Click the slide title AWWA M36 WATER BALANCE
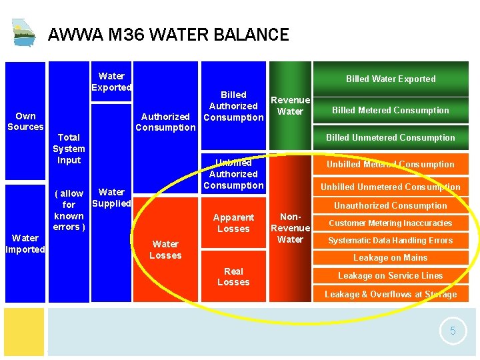pyautogui.click(x=169, y=35)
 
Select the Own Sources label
pyautogui.click(x=25, y=121)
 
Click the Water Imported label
pyautogui.click(x=25, y=243)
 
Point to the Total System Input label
pyautogui.click(x=69, y=149)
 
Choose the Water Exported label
pyautogui.click(x=111, y=82)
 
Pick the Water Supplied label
pyautogui.click(x=111, y=197)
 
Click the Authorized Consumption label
pyautogui.click(x=165, y=122)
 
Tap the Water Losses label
pyautogui.click(x=165, y=249)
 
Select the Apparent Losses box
pyautogui.click(x=233, y=223)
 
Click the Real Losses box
pyautogui.click(x=233, y=277)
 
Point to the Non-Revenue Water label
pyautogui.click(x=290, y=228)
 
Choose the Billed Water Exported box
pyautogui.click(x=391, y=79)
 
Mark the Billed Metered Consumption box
pyautogui.click(x=391, y=110)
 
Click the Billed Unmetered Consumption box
pyautogui.click(x=391, y=137)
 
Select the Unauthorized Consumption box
pyautogui.click(x=391, y=205)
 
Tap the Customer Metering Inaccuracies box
pyautogui.click(x=391, y=223)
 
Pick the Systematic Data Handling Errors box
pyautogui.click(x=391, y=240)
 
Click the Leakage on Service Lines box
pyautogui.click(x=391, y=275)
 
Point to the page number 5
pyautogui.click(x=453, y=331)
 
